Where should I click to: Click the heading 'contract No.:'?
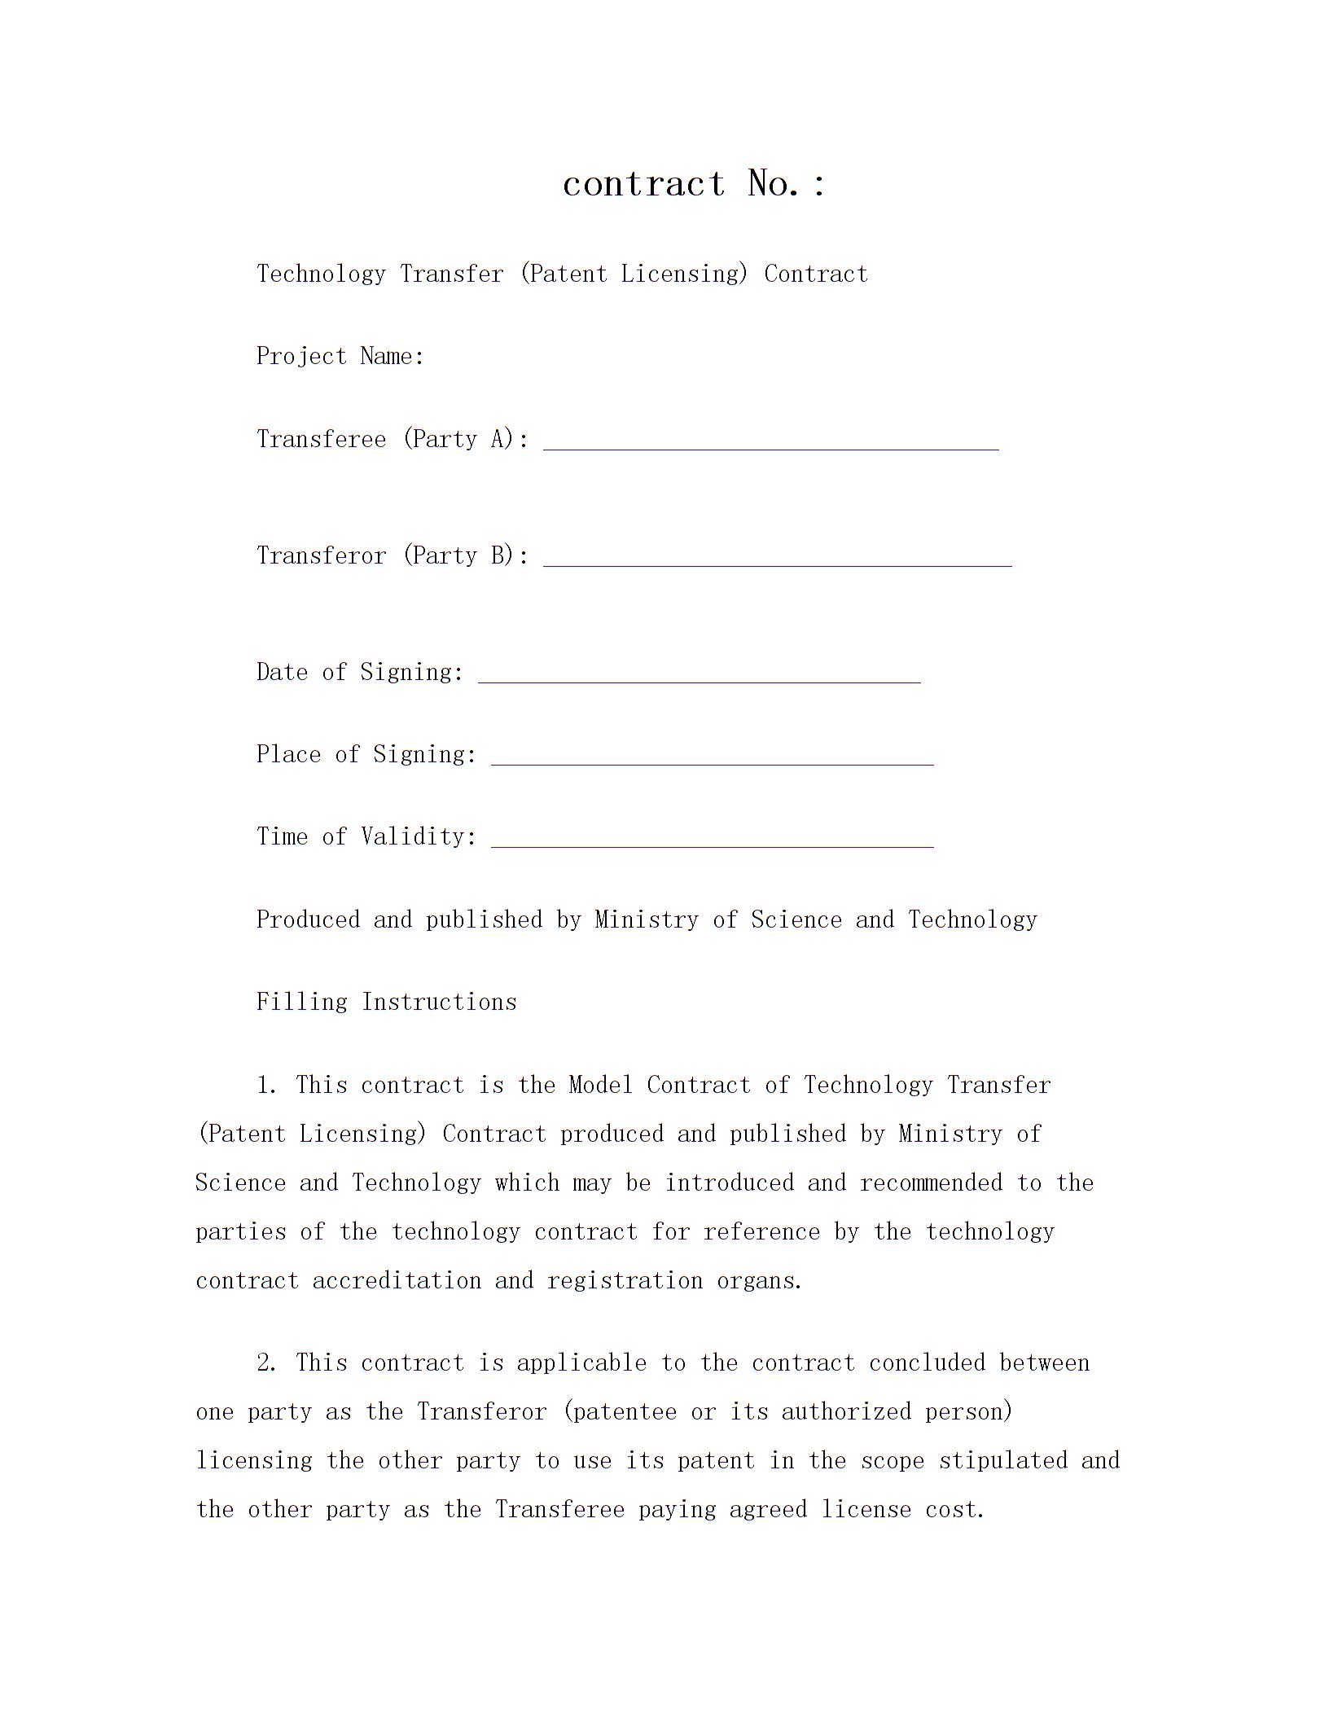tap(694, 183)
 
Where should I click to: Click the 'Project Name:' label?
tap(340, 356)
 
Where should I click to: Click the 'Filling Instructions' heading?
tap(386, 1002)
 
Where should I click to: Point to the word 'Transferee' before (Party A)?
tap(321, 439)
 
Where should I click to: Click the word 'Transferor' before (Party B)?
tap(321, 555)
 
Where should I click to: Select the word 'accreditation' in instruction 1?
tap(397, 1280)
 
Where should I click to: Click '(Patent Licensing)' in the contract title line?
tap(633, 274)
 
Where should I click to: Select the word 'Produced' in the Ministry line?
tap(308, 919)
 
